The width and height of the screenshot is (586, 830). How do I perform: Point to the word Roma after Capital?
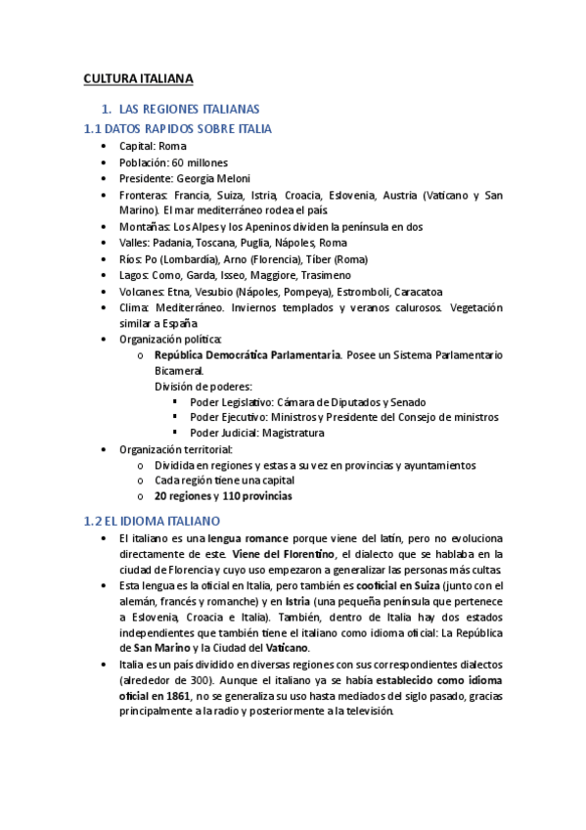(172, 146)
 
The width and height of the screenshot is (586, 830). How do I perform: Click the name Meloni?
(248, 179)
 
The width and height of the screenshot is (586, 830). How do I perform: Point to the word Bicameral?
(179, 371)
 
